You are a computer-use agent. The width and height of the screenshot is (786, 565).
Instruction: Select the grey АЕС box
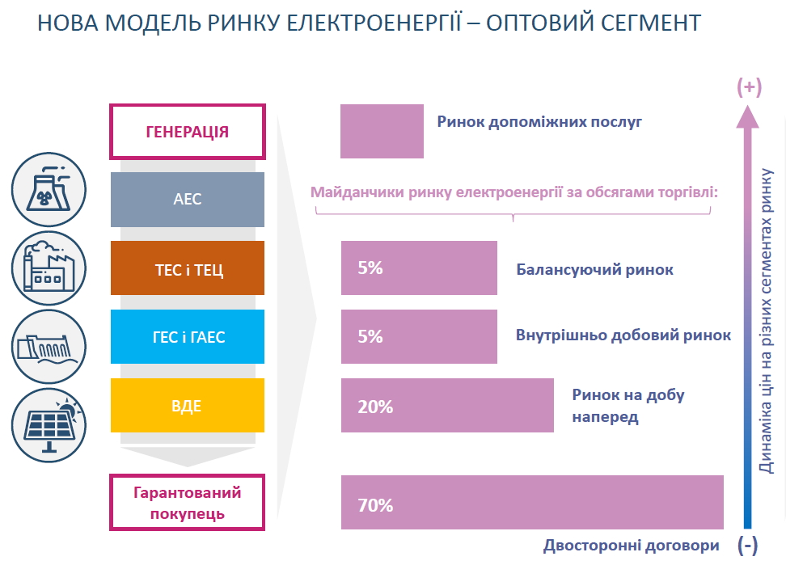188,200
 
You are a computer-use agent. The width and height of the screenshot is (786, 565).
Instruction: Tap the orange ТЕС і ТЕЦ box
188,268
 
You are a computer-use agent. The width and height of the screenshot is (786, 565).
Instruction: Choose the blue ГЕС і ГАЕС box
188,336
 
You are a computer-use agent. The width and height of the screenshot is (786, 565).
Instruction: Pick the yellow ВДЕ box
188,405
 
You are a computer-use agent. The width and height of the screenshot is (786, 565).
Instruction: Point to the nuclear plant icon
49,189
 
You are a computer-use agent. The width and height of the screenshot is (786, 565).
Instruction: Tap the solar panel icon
49,425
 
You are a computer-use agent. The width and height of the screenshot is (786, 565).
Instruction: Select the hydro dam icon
49,347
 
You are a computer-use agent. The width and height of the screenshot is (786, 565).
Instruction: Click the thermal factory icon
49,268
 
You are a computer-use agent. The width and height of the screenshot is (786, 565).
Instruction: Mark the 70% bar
532,503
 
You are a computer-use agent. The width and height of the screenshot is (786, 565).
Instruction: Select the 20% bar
448,405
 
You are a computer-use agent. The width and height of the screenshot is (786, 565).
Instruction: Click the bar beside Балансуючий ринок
419,268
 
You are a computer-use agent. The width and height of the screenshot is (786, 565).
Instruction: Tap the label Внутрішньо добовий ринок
623,335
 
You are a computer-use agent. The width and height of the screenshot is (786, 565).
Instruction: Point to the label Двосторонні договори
631,546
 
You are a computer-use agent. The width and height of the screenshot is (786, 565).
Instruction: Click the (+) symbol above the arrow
749,87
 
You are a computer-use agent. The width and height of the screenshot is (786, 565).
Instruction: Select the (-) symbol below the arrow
747,545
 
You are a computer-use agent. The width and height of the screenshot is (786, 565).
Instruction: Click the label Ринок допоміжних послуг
539,122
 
